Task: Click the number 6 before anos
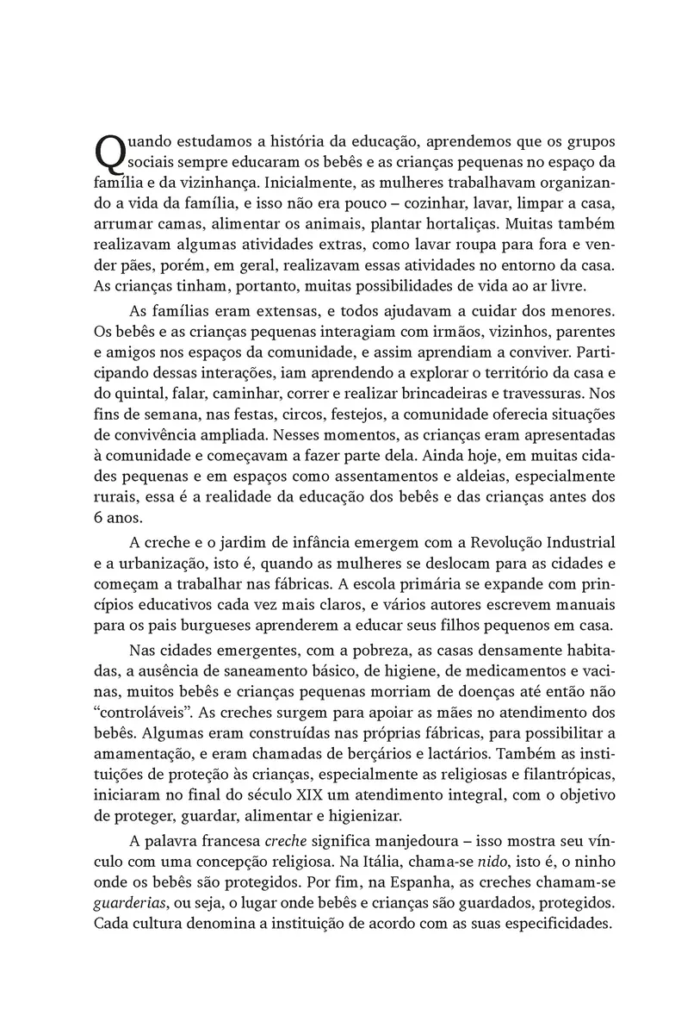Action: tap(96, 519)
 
